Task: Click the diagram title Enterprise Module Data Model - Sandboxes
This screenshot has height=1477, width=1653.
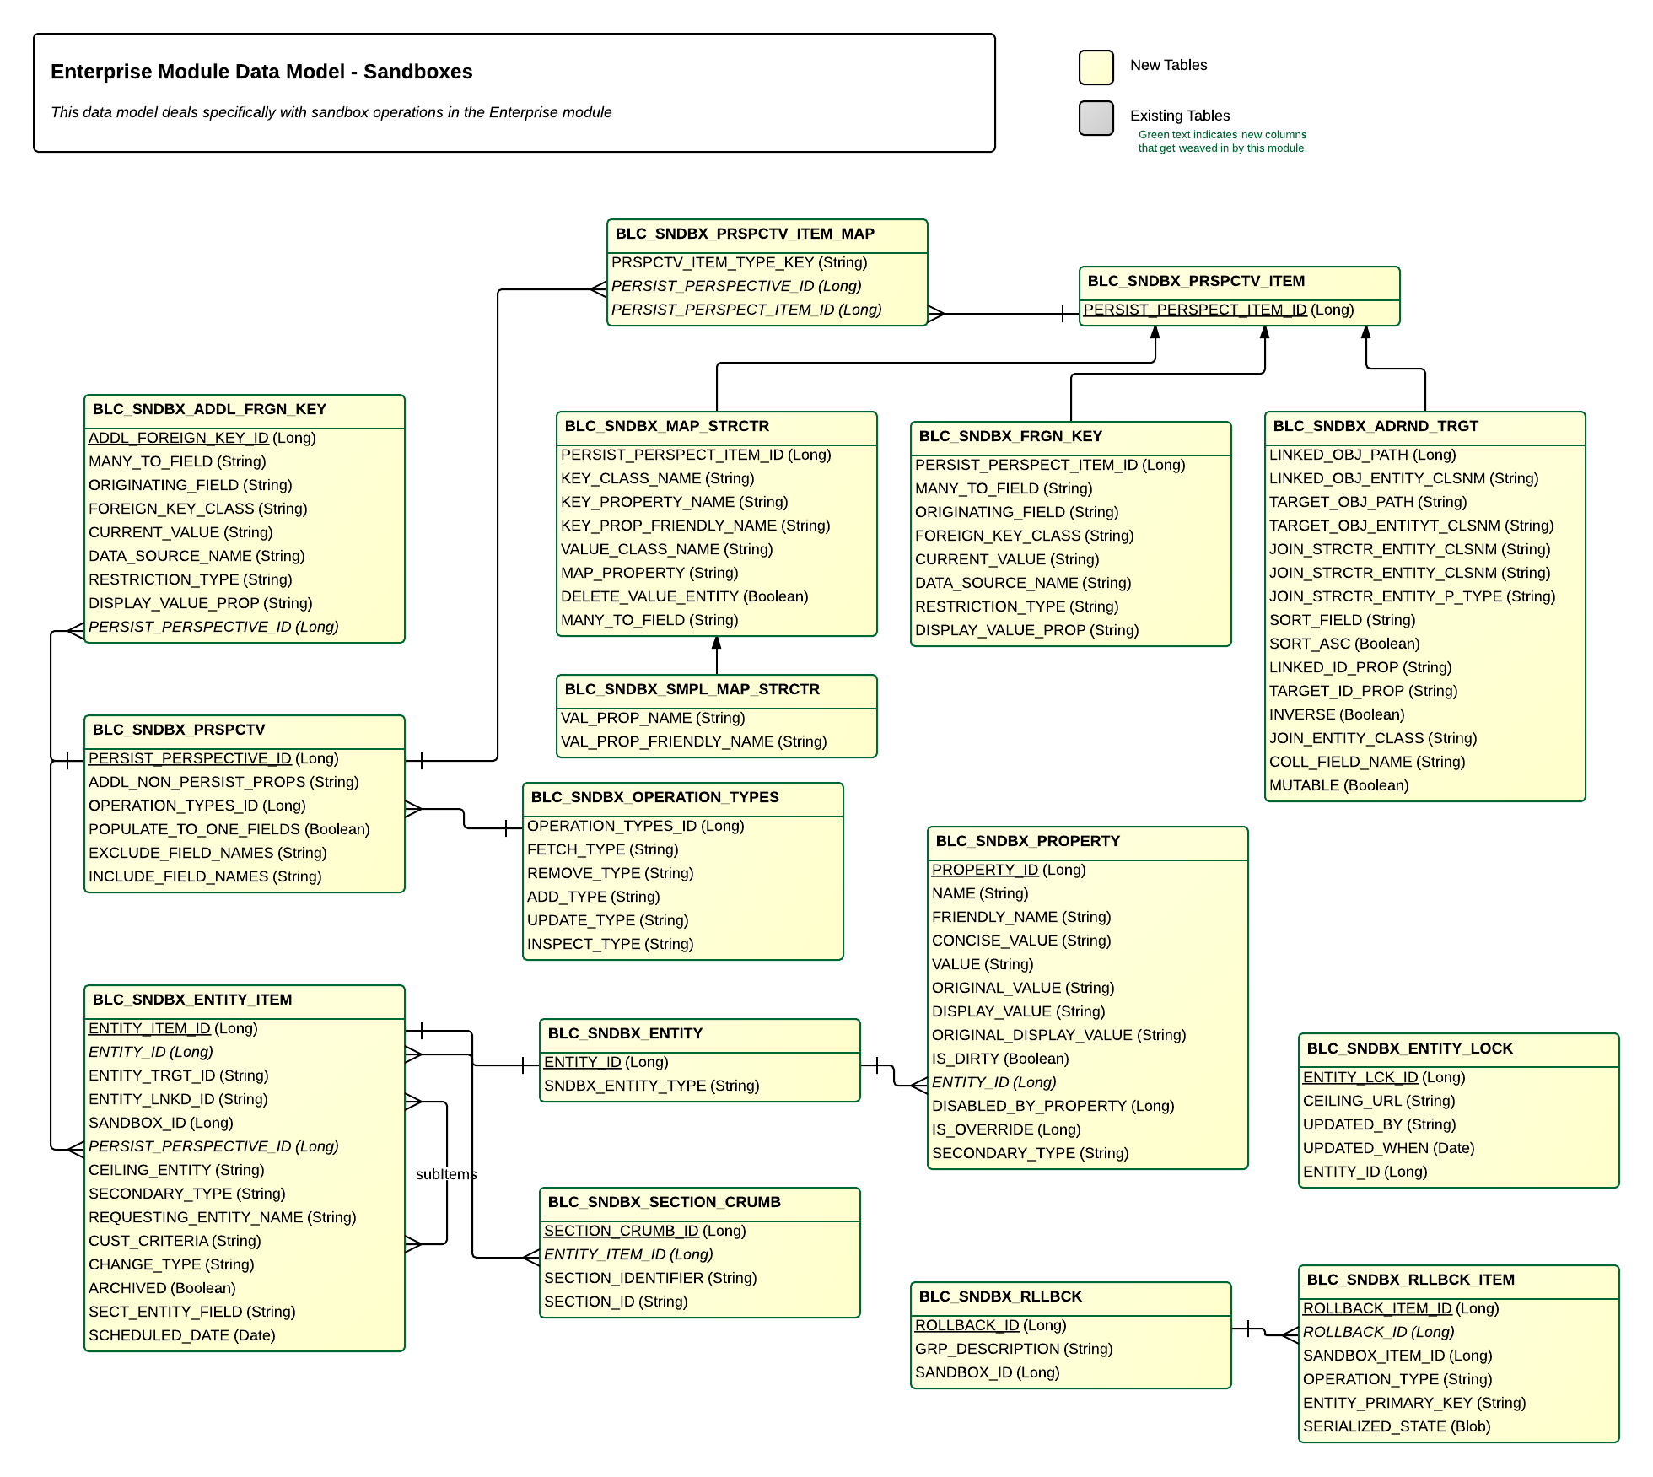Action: [261, 72]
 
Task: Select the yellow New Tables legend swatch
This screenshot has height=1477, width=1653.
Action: [1096, 67]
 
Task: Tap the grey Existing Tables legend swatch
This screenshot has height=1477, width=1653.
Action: [1096, 118]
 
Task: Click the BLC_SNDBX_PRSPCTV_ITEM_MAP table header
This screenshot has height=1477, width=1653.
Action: [745, 234]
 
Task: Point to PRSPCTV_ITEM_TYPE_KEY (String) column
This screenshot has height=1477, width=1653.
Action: [740, 262]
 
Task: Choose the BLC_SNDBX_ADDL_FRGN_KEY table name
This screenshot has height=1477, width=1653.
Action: [209, 409]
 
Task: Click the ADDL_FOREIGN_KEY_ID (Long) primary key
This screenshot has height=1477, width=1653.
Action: [202, 438]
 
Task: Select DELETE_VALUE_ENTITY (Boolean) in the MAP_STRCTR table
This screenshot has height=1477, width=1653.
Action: [685, 596]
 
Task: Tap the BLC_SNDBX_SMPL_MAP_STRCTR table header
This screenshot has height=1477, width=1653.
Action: [692, 689]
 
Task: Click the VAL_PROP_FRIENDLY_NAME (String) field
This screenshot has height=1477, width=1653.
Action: [694, 741]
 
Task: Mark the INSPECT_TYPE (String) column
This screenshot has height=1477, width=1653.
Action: [611, 944]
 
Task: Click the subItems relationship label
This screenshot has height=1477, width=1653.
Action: [446, 1174]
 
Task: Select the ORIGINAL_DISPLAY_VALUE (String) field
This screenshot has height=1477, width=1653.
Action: [1059, 1035]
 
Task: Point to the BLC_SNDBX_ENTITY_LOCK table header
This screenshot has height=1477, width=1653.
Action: [1410, 1048]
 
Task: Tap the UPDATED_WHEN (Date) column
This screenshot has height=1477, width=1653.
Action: [1389, 1148]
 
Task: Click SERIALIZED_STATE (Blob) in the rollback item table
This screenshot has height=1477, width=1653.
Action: [1397, 1426]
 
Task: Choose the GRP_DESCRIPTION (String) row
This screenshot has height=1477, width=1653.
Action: [1014, 1349]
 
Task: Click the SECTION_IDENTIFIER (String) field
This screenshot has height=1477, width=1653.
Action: [650, 1278]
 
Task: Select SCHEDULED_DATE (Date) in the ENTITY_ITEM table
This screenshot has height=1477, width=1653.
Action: [182, 1335]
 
